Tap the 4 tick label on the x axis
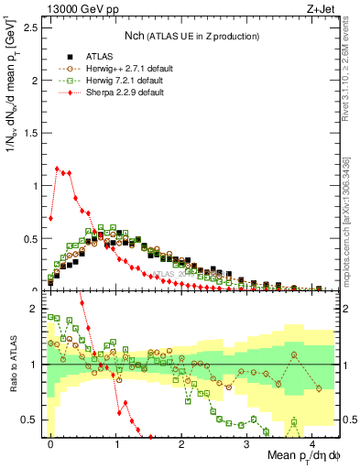coord(311,443)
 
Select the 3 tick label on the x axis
coord(246,443)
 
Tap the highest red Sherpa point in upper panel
coord(58,169)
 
